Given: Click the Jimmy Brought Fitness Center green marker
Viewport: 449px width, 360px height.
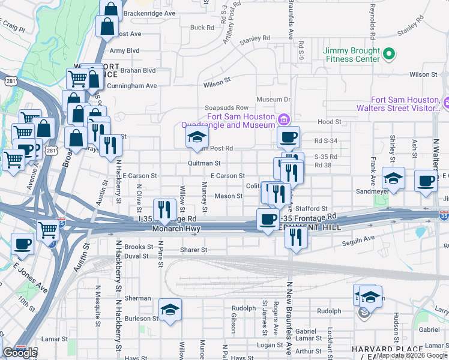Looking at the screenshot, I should pyautogui.click(x=389, y=55).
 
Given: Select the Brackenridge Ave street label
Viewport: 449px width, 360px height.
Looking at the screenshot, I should pyautogui.click(x=149, y=13).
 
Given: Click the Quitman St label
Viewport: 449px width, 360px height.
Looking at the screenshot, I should pyautogui.click(x=203, y=163).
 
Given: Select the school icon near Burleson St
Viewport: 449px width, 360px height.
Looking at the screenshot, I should pyautogui.click(x=171, y=310).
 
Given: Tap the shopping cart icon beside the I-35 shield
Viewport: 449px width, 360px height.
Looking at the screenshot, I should pyautogui.click(x=49, y=229).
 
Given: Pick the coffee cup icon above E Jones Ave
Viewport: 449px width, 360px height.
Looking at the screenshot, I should pyautogui.click(x=23, y=244).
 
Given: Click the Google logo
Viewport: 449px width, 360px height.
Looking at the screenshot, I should pyautogui.click(x=20, y=352).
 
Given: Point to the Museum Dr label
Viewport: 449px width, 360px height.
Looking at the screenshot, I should pyautogui.click(x=273, y=99).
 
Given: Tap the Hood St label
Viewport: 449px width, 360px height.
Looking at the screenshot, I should pyautogui.click(x=330, y=122).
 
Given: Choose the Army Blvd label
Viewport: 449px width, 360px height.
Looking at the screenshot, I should pyautogui.click(x=124, y=51).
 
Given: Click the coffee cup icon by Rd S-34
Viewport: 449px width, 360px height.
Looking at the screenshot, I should pyautogui.click(x=288, y=137).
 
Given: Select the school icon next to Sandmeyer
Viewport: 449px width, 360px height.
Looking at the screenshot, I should pyautogui.click(x=393, y=178).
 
